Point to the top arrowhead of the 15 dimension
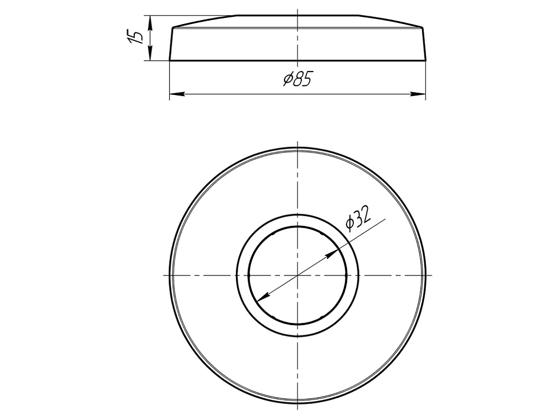[x=150, y=20]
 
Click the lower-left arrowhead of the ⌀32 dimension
[x=263, y=297]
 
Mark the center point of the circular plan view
[x=297, y=275]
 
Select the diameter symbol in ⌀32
[x=349, y=224]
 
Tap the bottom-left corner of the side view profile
[x=169, y=60]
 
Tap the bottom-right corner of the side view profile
[x=426, y=60]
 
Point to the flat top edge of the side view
[x=297, y=16]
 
